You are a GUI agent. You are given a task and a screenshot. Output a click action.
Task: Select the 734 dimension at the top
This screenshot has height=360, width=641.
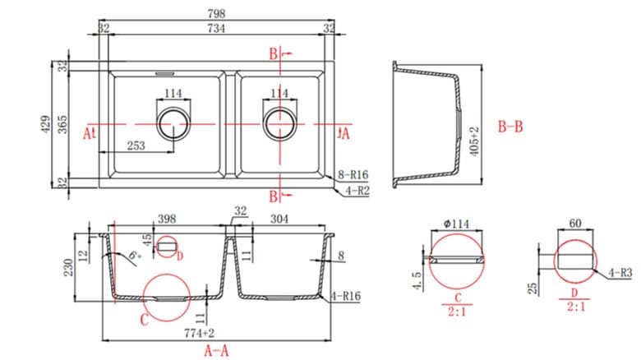click(217, 28)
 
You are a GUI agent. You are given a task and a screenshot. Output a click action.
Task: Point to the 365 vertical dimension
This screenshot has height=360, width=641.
click(62, 126)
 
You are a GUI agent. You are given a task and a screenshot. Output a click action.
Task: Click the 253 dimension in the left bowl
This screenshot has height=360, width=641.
click(136, 145)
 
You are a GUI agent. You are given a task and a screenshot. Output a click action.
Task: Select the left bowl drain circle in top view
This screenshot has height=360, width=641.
click(173, 124)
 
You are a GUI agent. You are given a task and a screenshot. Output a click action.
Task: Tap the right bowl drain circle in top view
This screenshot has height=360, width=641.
click(280, 124)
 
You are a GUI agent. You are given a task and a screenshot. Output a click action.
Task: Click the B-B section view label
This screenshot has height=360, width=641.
click(511, 128)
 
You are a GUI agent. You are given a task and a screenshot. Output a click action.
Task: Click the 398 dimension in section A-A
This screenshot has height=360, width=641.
click(168, 219)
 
